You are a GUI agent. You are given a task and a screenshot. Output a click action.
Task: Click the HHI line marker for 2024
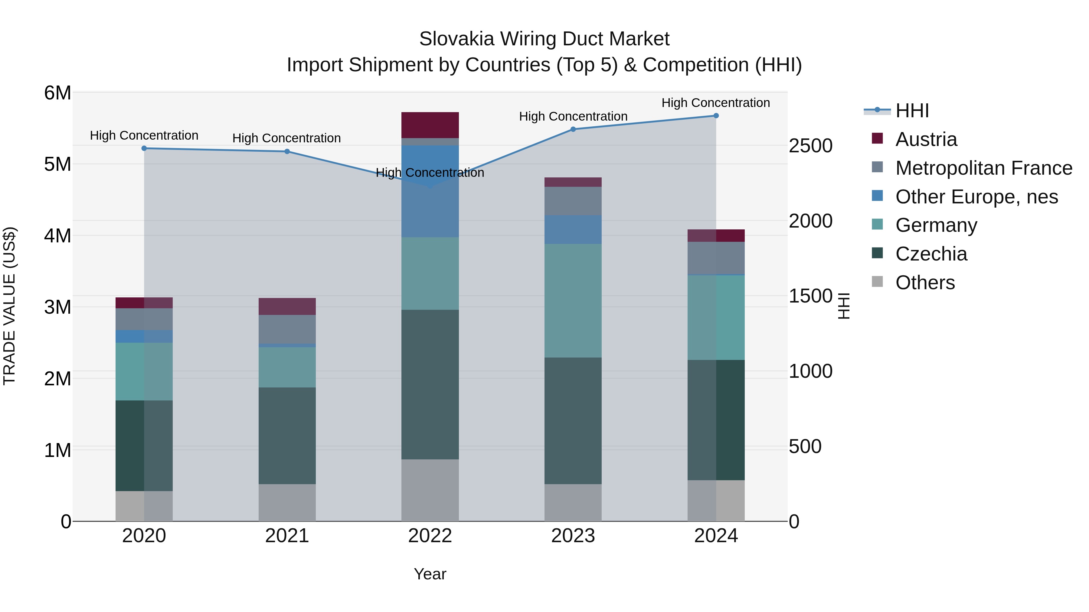tap(716, 116)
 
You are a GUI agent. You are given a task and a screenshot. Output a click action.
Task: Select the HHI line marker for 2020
tap(144, 148)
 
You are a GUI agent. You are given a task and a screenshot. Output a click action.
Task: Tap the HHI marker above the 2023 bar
tap(573, 129)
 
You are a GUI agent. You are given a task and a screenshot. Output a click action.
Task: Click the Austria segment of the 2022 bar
tap(430, 125)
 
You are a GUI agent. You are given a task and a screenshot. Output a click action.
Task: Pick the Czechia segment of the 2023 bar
tap(573, 421)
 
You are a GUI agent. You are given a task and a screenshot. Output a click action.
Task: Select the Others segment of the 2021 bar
tap(287, 502)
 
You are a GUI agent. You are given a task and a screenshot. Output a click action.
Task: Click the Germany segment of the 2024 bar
tap(716, 318)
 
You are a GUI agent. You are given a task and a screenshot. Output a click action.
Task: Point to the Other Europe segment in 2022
tap(430, 191)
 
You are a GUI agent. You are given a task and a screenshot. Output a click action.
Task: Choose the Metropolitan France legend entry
tap(983, 168)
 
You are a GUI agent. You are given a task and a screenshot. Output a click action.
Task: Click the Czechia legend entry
tap(931, 254)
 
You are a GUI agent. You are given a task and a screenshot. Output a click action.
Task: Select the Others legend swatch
tap(877, 282)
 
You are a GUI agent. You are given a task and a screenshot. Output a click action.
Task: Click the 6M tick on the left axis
tap(57, 93)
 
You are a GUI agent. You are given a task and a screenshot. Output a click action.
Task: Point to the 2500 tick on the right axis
tap(810, 146)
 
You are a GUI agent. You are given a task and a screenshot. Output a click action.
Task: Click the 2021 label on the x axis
tap(287, 536)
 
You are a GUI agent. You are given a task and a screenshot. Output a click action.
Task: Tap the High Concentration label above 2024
tap(715, 103)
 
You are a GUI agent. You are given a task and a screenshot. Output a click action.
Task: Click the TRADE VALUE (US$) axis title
tap(10, 306)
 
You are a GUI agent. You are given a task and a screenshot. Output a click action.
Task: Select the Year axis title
tap(430, 574)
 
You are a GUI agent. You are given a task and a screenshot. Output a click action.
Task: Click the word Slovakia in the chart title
tap(456, 39)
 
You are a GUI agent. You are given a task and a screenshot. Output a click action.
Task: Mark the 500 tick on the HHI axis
tap(805, 446)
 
